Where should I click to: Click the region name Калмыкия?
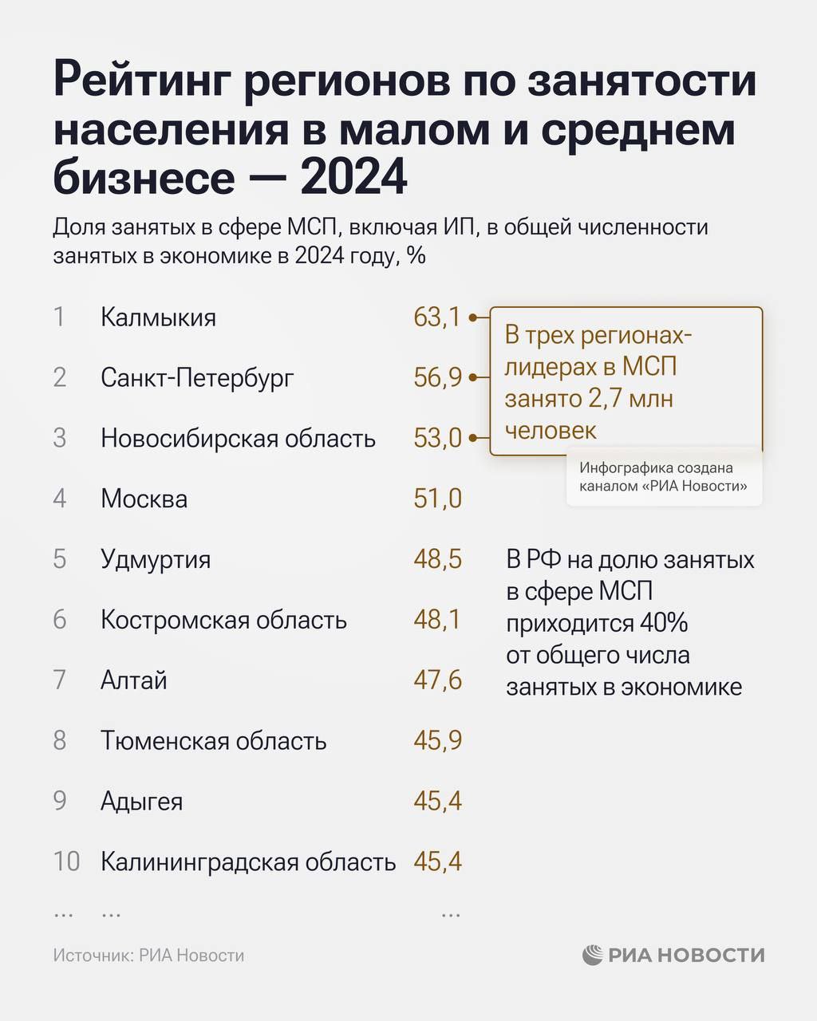tap(158, 317)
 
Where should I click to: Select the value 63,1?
tap(437, 317)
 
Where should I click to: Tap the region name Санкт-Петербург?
tap(197, 377)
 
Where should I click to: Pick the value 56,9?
tap(437, 377)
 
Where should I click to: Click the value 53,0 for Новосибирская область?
tap(437, 438)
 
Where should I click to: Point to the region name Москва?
tap(144, 499)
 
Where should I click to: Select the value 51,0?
tap(437, 499)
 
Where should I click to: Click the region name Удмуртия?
tap(156, 559)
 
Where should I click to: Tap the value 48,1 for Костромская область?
tap(437, 620)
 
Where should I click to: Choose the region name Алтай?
tap(133, 680)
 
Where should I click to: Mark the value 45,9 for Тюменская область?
tap(437, 741)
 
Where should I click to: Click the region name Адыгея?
tap(141, 801)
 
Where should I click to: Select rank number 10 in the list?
tap(66, 861)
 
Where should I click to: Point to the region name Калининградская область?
tap(248, 862)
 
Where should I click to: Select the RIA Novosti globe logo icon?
tap(593, 955)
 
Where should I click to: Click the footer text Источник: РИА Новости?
tap(148, 956)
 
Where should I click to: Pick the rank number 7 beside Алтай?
tap(60, 680)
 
